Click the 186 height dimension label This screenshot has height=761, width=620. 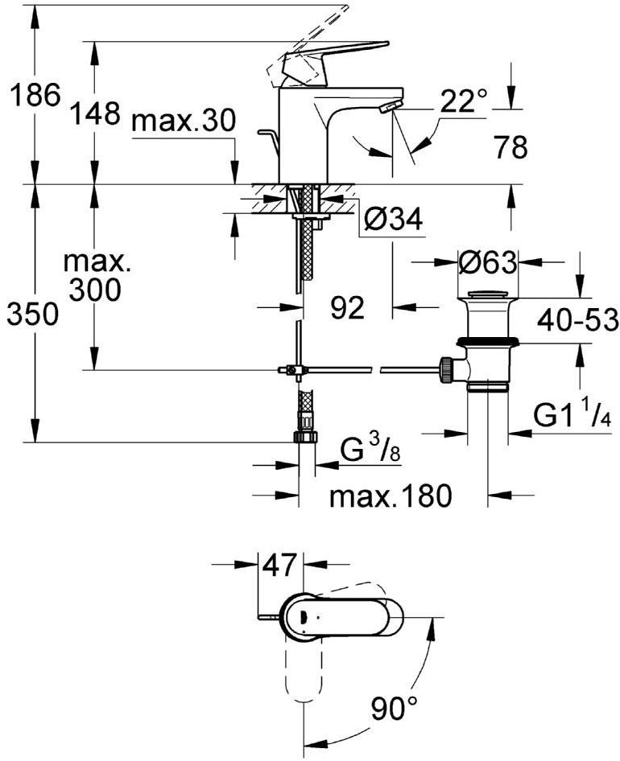tap(35, 96)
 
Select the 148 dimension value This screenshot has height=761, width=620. tap(94, 113)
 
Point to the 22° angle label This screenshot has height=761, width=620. tap(464, 101)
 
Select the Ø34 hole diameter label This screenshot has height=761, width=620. tap(392, 220)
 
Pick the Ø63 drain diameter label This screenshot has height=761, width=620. tap(487, 261)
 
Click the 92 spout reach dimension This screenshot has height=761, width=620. tap(347, 306)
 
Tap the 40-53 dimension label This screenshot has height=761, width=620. tap(578, 319)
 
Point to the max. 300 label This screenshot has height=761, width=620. tap(96, 276)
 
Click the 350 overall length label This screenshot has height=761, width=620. tap(33, 315)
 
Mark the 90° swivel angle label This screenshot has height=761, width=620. tap(395, 709)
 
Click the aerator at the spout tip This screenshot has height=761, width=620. tap(389, 107)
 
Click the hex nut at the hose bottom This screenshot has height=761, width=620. tap(305, 436)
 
